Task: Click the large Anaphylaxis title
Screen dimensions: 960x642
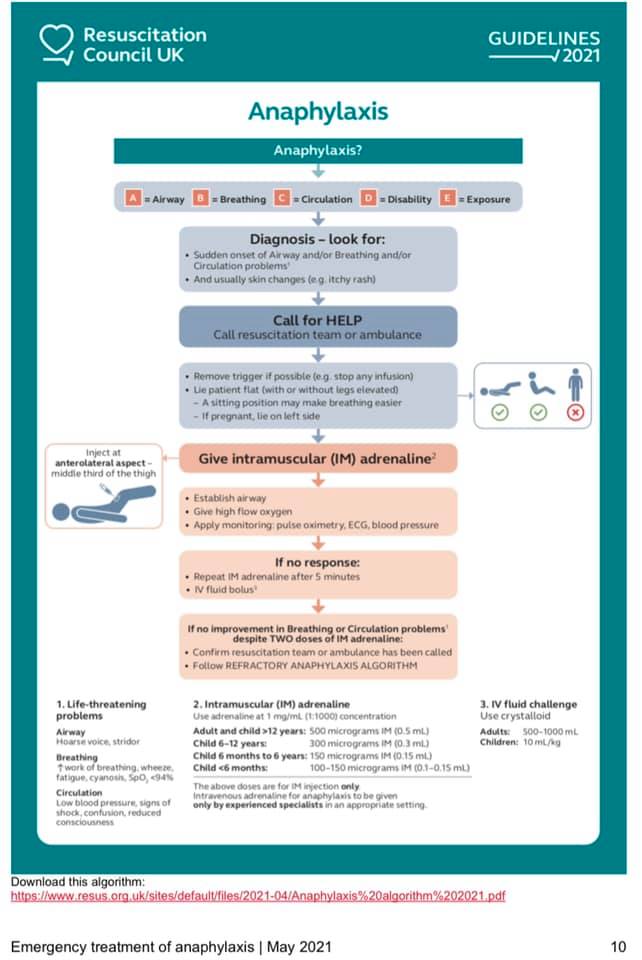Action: (317, 111)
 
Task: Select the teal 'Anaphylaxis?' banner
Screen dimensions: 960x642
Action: (317, 151)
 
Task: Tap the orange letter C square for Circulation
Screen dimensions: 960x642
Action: (283, 199)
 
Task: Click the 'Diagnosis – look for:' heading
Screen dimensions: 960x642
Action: (317, 240)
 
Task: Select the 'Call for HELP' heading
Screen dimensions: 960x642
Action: (317, 317)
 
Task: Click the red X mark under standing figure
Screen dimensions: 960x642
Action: (575, 412)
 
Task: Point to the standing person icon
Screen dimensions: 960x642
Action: (575, 385)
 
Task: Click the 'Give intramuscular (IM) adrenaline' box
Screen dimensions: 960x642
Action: (317, 459)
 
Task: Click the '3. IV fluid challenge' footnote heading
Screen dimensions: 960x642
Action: (528, 705)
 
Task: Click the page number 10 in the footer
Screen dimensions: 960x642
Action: (618, 946)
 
